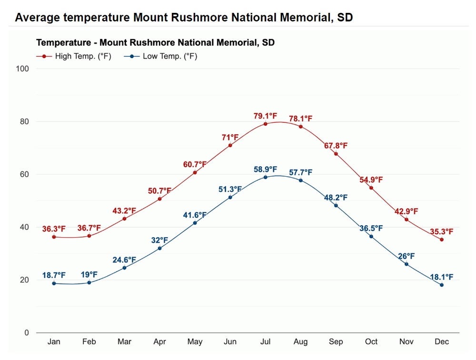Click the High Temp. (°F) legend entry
[x=73, y=56]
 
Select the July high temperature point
[x=265, y=124]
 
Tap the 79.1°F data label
[x=265, y=116]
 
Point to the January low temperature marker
[x=54, y=283]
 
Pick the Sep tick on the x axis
[x=336, y=341]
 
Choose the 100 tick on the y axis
[x=23, y=69]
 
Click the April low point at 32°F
[x=159, y=248]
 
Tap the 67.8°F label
[x=336, y=146]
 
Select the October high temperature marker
[x=371, y=188]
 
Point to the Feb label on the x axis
[x=89, y=341]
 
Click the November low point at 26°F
[x=407, y=264]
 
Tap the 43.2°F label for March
[x=124, y=210]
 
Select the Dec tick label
[x=442, y=341]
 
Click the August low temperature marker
[x=300, y=180]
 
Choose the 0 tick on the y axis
[x=27, y=332]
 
